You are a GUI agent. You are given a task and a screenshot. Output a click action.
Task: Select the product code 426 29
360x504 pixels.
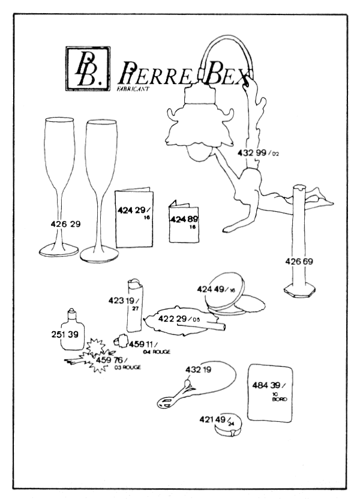67,224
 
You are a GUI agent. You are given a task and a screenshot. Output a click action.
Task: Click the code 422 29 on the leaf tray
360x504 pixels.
175,319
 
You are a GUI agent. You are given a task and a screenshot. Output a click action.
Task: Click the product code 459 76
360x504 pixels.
111,359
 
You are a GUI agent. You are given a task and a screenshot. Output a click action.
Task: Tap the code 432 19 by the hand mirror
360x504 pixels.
199,370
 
